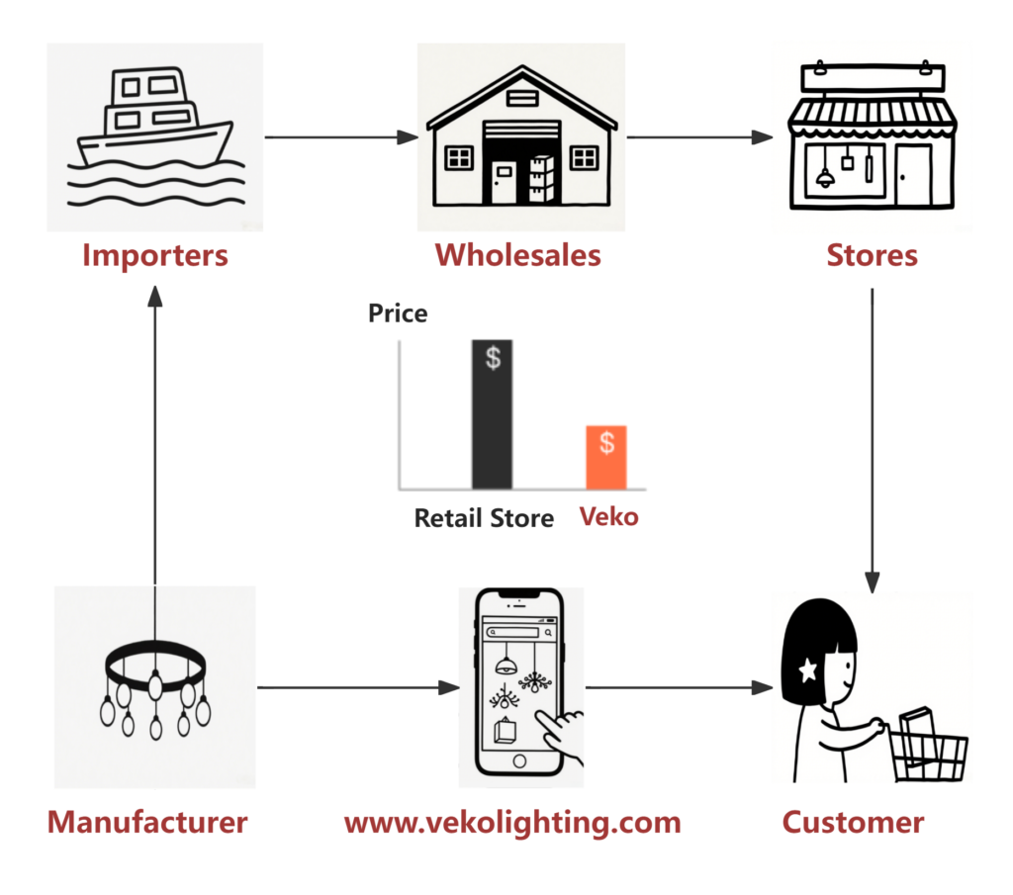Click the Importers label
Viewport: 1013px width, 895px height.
(x=154, y=255)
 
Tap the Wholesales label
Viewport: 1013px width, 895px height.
(x=517, y=255)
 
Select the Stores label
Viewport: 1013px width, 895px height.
(x=872, y=255)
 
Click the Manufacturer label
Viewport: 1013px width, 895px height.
(x=147, y=822)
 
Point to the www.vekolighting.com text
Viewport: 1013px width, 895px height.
(x=511, y=822)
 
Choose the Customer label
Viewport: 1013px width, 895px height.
(x=853, y=822)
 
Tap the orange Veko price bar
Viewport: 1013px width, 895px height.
(x=605, y=457)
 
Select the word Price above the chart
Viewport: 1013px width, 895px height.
(x=398, y=313)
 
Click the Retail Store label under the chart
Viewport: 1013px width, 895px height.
(x=484, y=517)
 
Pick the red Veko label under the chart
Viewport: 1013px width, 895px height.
(x=608, y=516)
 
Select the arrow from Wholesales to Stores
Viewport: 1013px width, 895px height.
(x=698, y=137)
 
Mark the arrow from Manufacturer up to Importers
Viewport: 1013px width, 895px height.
(x=154, y=435)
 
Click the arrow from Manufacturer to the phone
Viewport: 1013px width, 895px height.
(x=356, y=687)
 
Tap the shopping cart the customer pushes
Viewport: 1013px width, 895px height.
(x=925, y=742)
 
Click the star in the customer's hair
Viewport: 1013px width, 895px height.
(x=807, y=671)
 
